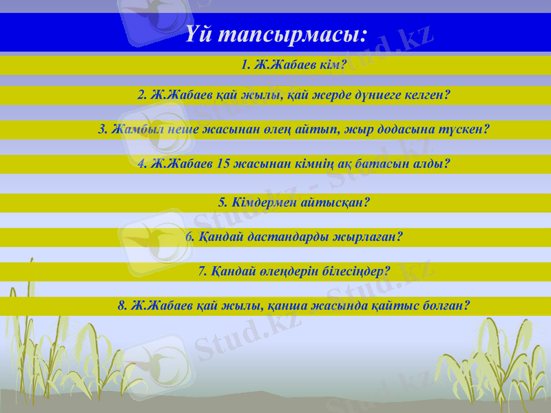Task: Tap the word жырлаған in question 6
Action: pyautogui.click(x=368, y=237)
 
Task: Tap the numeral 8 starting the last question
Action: pyautogui.click(x=121, y=305)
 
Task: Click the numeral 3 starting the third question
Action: pyautogui.click(x=101, y=129)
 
